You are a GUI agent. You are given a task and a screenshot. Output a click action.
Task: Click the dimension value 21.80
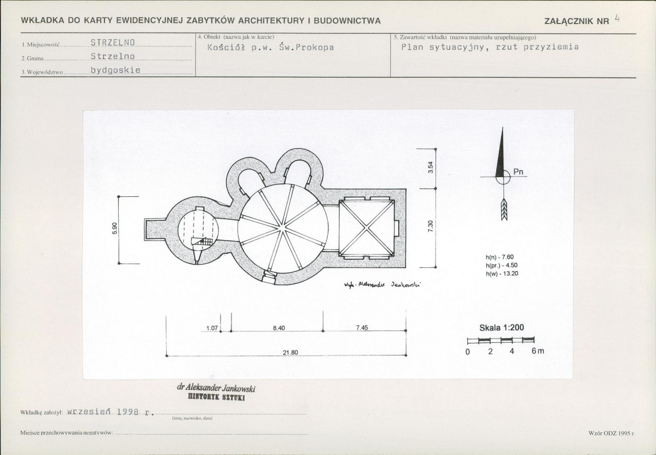pyautogui.click(x=291, y=352)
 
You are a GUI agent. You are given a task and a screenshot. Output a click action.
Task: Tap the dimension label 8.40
pyautogui.click(x=278, y=328)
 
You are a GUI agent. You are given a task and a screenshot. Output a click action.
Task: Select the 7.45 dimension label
pyautogui.click(x=362, y=328)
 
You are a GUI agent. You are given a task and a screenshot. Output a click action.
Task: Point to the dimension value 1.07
pyautogui.click(x=212, y=328)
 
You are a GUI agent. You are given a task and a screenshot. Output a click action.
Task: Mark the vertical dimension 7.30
pyautogui.click(x=431, y=226)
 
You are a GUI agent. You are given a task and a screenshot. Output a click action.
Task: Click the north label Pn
pyautogui.click(x=518, y=172)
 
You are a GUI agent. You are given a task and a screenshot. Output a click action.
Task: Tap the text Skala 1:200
pyautogui.click(x=502, y=328)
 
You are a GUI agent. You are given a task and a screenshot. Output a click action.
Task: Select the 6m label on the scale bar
pyautogui.click(x=538, y=351)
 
